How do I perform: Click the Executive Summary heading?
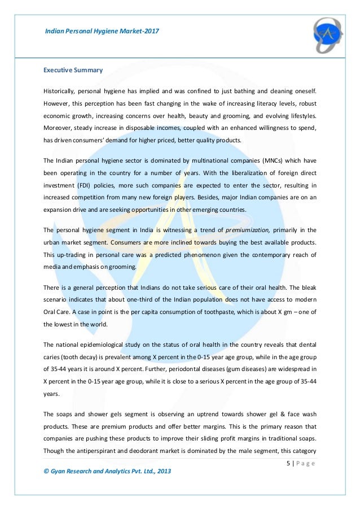[73, 70]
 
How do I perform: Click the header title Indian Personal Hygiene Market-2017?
[102, 30]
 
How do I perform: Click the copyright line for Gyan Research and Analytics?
[107, 470]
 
